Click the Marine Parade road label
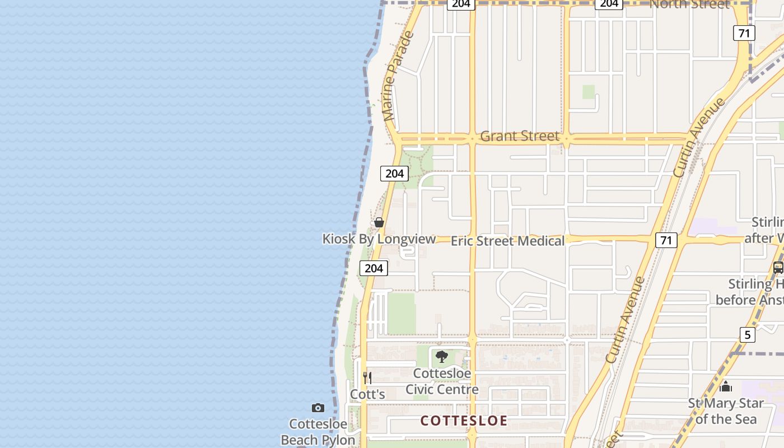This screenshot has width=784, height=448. pyautogui.click(x=399, y=76)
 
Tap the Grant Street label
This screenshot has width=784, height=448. pyautogui.click(x=520, y=136)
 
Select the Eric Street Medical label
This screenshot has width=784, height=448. pyautogui.click(x=507, y=241)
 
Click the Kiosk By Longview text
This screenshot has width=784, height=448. pyautogui.click(x=379, y=239)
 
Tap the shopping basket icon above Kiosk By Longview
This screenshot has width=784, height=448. pyautogui.click(x=379, y=222)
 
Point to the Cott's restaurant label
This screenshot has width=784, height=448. pyautogui.click(x=367, y=394)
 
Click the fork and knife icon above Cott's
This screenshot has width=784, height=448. pyautogui.click(x=367, y=377)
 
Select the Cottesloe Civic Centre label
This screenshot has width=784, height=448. pyautogui.click(x=442, y=381)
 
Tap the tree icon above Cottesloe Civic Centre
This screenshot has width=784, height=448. pyautogui.click(x=442, y=357)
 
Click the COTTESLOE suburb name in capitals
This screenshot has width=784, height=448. pyautogui.click(x=464, y=421)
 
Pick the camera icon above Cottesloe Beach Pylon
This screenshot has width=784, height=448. pyautogui.click(x=318, y=408)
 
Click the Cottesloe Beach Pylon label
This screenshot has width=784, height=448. pyautogui.click(x=318, y=432)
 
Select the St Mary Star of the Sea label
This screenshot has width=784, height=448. pyautogui.click(x=726, y=411)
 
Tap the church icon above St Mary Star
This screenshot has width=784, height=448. pyautogui.click(x=726, y=386)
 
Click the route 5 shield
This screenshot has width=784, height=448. pyautogui.click(x=747, y=335)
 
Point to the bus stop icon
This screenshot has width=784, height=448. pyautogui.click(x=778, y=268)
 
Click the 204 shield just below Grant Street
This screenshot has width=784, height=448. pyautogui.click(x=394, y=174)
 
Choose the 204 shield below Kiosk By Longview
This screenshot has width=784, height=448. pyautogui.click(x=374, y=268)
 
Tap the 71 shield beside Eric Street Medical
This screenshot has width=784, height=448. pyautogui.click(x=666, y=241)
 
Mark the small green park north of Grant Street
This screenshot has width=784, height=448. pyautogui.click(x=588, y=92)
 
